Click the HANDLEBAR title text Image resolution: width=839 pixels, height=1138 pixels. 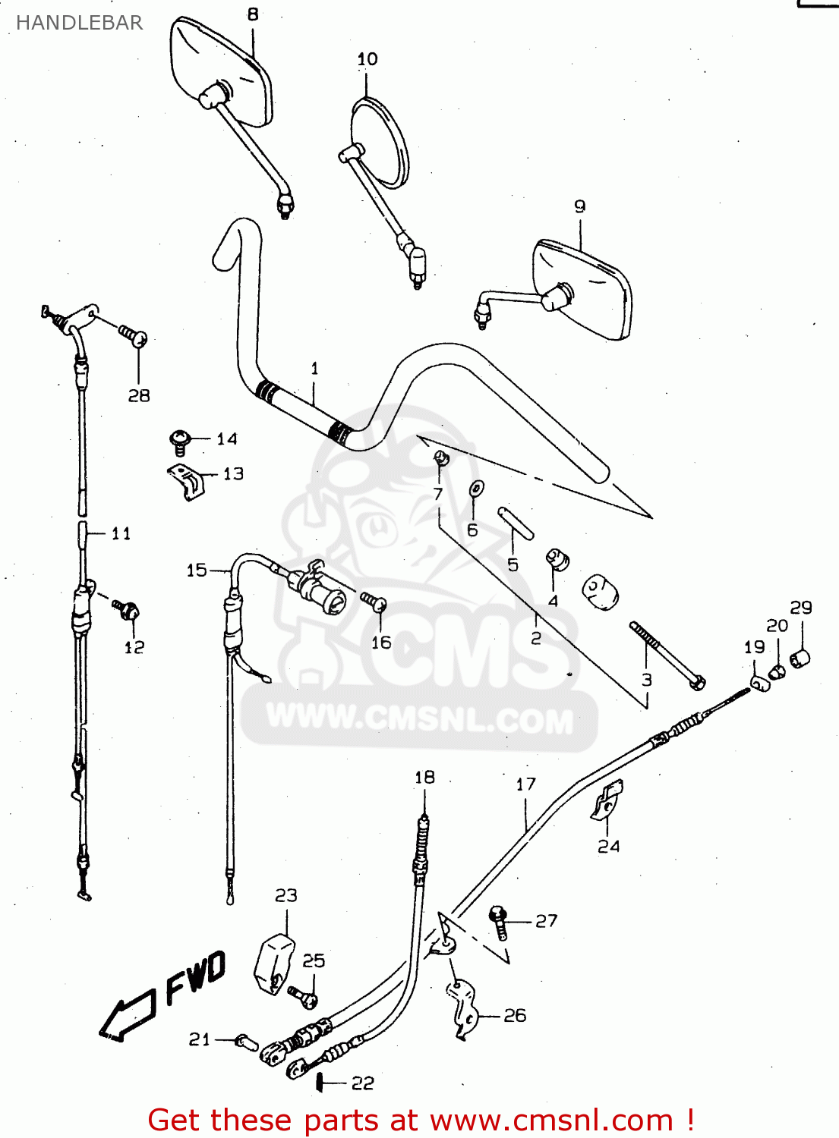coord(79,23)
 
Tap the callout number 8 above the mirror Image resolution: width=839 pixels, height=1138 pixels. coord(253,14)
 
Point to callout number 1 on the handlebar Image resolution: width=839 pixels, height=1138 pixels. coord(315,369)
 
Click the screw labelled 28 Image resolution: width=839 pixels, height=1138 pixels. coord(133,335)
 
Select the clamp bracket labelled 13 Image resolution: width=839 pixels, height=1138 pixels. coord(187,482)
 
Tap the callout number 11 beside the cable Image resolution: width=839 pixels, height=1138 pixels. coord(121,533)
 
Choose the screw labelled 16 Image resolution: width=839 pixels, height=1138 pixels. coord(374,602)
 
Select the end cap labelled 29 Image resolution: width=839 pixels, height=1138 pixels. coord(800,659)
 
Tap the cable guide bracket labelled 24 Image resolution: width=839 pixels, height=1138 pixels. coord(607,800)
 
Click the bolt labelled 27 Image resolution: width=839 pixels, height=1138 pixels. coord(499,920)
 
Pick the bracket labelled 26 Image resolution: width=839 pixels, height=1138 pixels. coord(462,1009)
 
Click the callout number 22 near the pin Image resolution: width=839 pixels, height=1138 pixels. coord(363,1083)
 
